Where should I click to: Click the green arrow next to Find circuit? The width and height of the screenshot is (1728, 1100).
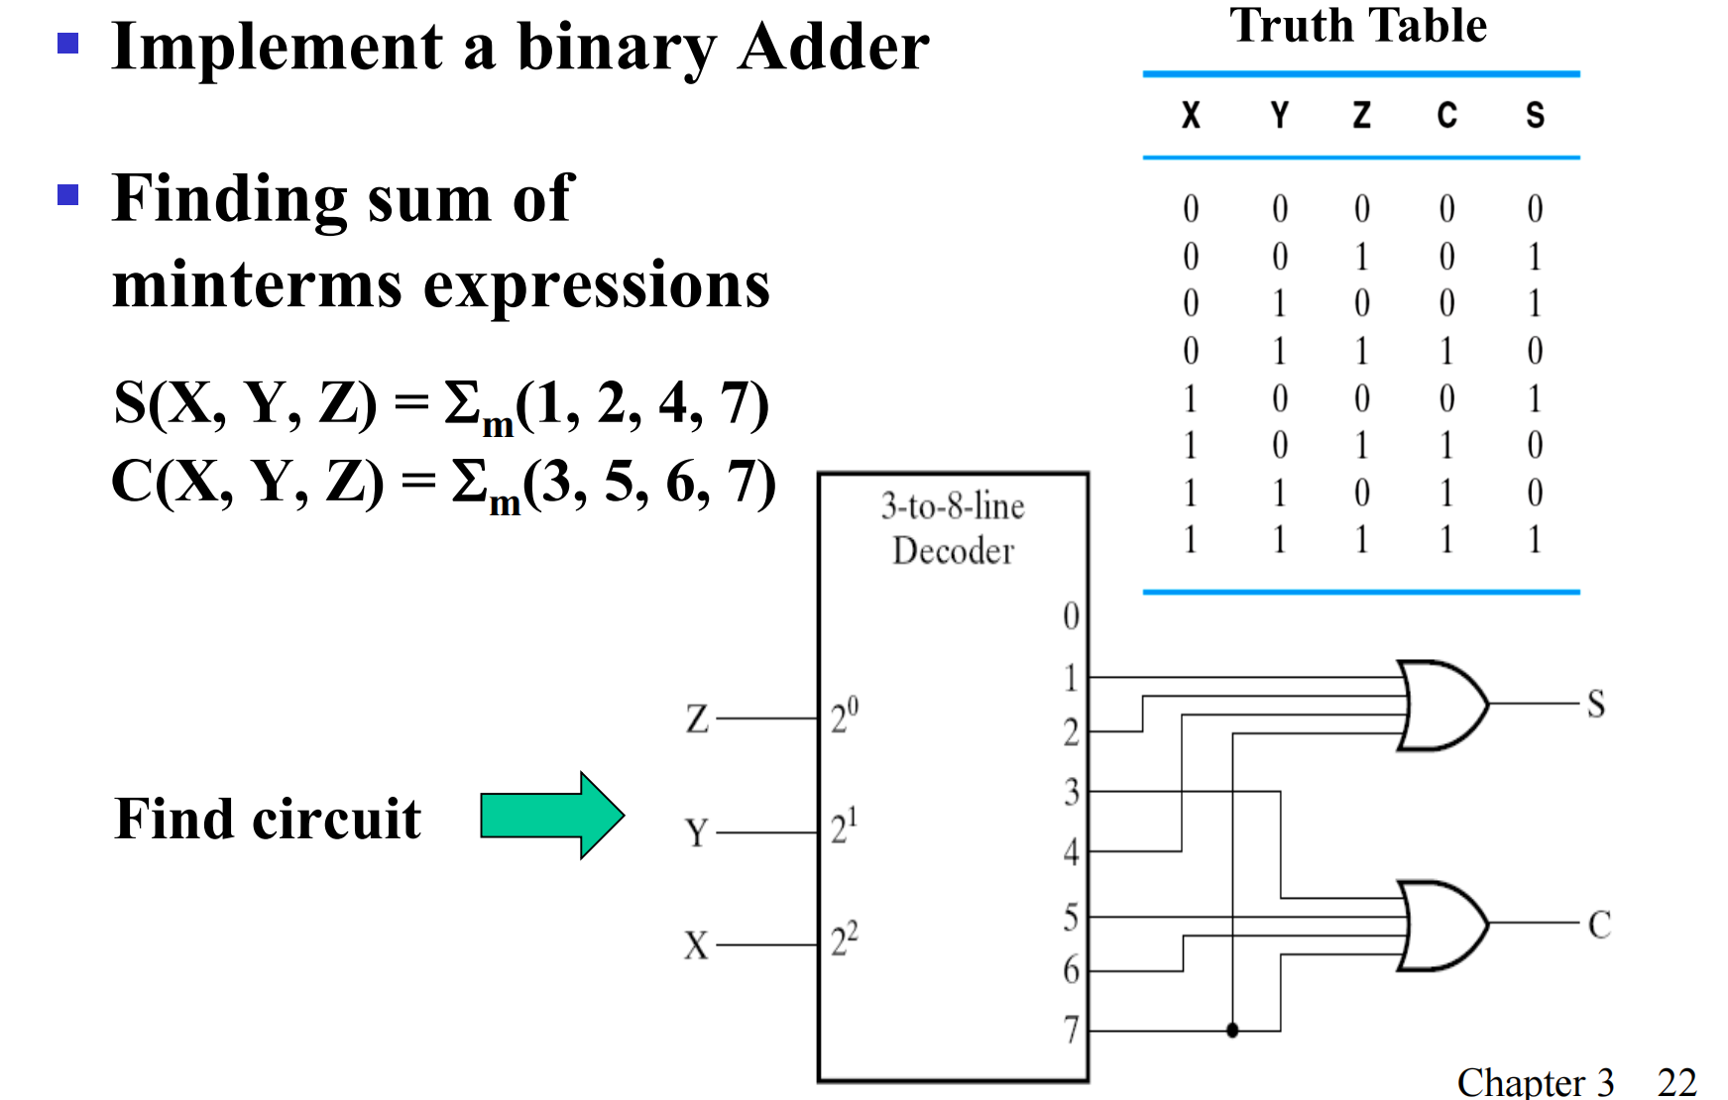pyautogui.click(x=551, y=816)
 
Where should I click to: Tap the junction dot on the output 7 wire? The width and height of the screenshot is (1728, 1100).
pyautogui.click(x=1232, y=1031)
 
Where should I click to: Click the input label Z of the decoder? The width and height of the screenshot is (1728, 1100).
pyautogui.click(x=697, y=718)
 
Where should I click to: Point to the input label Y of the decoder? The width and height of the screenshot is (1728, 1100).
pyautogui.click(x=697, y=832)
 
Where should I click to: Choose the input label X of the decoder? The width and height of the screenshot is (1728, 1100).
pyautogui.click(x=697, y=945)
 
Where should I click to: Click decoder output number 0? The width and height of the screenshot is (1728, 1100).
pyautogui.click(x=1071, y=616)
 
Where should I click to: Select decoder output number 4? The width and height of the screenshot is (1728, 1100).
pyautogui.click(x=1071, y=851)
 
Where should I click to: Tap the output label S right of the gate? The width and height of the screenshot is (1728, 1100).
pyautogui.click(x=1596, y=705)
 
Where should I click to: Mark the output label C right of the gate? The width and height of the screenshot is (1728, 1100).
pyautogui.click(x=1598, y=925)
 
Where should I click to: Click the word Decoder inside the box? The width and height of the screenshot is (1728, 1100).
pyautogui.click(x=953, y=551)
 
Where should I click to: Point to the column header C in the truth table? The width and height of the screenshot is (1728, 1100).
pyautogui.click(x=1446, y=116)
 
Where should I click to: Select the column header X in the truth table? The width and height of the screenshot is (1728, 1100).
pyautogui.click(x=1191, y=116)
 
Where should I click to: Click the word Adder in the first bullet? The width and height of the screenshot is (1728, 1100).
pyautogui.click(x=834, y=48)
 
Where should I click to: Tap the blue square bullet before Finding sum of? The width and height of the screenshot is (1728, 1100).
pyautogui.click(x=68, y=194)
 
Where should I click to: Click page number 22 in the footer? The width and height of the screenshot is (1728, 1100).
pyautogui.click(x=1676, y=1081)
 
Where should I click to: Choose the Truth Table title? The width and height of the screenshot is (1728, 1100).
pyautogui.click(x=1358, y=26)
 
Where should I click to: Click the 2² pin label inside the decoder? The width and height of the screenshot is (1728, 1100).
pyautogui.click(x=845, y=938)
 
